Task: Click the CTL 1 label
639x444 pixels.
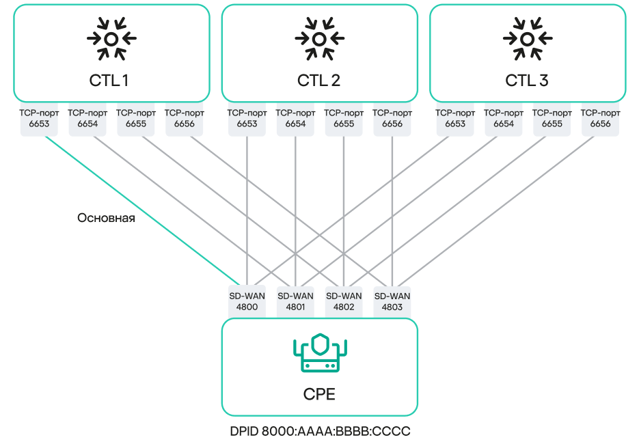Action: click(x=109, y=81)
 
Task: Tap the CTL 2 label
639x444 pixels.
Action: click(x=318, y=81)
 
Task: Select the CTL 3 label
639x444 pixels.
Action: click(x=527, y=81)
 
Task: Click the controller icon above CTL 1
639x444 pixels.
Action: click(x=111, y=39)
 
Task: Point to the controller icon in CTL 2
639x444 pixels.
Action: click(x=319, y=39)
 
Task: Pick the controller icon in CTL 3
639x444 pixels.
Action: click(x=527, y=39)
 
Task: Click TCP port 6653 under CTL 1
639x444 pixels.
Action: click(x=40, y=119)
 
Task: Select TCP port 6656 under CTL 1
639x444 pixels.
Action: click(x=185, y=119)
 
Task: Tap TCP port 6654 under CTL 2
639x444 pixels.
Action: click(x=295, y=119)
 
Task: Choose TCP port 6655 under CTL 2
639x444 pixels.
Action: click(x=344, y=119)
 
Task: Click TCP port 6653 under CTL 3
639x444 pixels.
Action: click(x=455, y=119)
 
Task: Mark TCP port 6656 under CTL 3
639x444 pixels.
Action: click(x=600, y=119)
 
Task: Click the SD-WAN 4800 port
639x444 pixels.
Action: click(x=247, y=302)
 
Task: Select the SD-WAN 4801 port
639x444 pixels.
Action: click(x=295, y=302)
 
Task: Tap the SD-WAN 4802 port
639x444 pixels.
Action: click(x=344, y=302)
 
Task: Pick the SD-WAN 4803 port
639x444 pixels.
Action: click(x=392, y=302)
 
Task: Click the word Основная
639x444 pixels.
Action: click(x=106, y=219)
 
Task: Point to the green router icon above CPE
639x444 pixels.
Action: click(x=319, y=353)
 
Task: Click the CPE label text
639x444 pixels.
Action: click(x=319, y=395)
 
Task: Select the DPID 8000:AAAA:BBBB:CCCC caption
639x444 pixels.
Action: click(x=320, y=432)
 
